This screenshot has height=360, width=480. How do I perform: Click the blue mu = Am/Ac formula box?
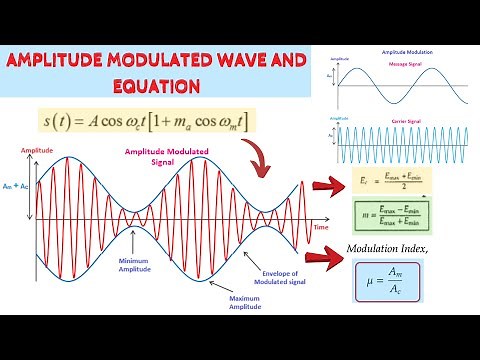pyautogui.click(x=386, y=281)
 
